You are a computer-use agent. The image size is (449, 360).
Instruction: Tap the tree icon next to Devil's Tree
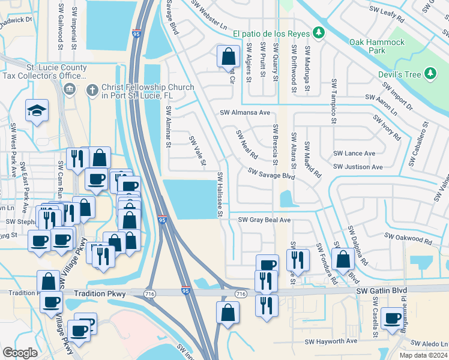(x=430, y=74)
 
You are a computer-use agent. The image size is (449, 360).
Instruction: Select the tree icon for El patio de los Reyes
(x=321, y=32)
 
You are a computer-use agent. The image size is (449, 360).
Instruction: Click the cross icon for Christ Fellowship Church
(x=91, y=90)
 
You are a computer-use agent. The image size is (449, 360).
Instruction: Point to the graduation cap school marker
(x=37, y=110)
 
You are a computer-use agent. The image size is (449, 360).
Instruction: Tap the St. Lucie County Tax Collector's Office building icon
(x=69, y=90)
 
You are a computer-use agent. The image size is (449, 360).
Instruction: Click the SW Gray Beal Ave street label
(x=264, y=220)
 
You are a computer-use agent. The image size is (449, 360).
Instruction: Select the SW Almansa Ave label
(x=245, y=112)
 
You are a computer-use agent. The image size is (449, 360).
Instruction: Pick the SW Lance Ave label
(x=355, y=154)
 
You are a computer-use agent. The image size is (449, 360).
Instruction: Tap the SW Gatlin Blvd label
(x=381, y=290)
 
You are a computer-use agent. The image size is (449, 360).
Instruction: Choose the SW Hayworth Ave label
(x=331, y=341)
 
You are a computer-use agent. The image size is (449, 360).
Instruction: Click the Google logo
(x=20, y=353)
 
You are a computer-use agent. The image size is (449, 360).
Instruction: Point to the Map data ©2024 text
(x=424, y=355)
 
